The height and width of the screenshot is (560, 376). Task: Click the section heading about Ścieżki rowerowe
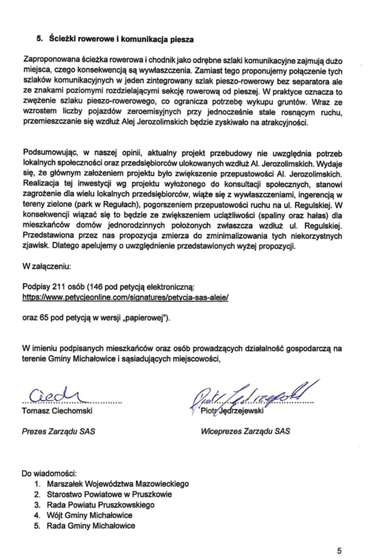pyautogui.click(x=115, y=37)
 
